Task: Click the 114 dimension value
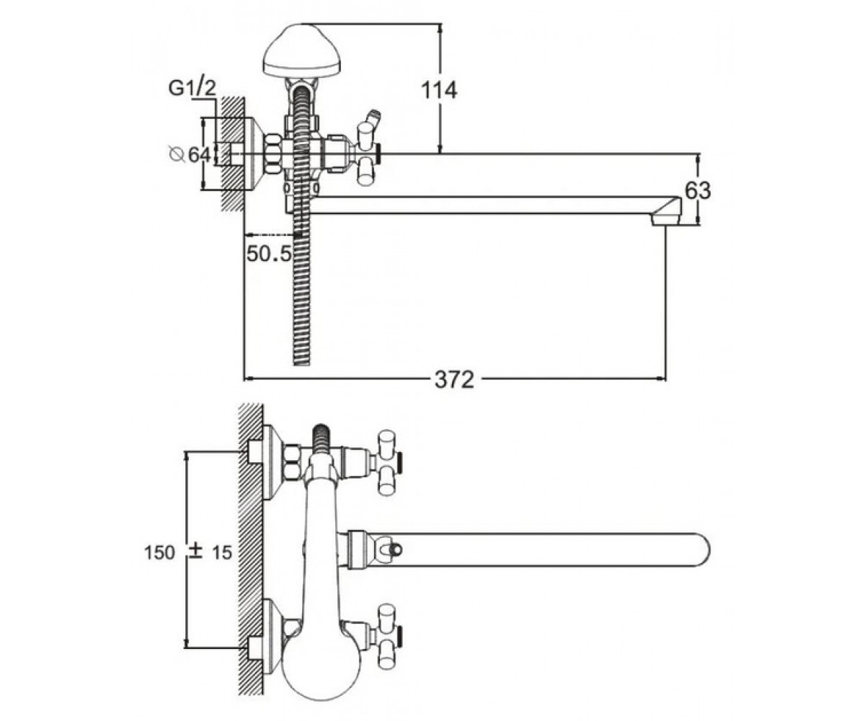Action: point(439,91)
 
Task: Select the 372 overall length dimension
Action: point(454,379)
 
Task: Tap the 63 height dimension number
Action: point(698,190)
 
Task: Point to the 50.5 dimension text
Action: point(270,253)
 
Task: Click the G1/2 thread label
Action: point(192,89)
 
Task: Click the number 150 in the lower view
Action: point(159,553)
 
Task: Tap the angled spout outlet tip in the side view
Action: point(666,211)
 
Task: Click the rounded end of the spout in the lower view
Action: point(700,550)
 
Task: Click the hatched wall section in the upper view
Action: point(232,154)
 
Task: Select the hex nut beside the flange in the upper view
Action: point(273,154)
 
